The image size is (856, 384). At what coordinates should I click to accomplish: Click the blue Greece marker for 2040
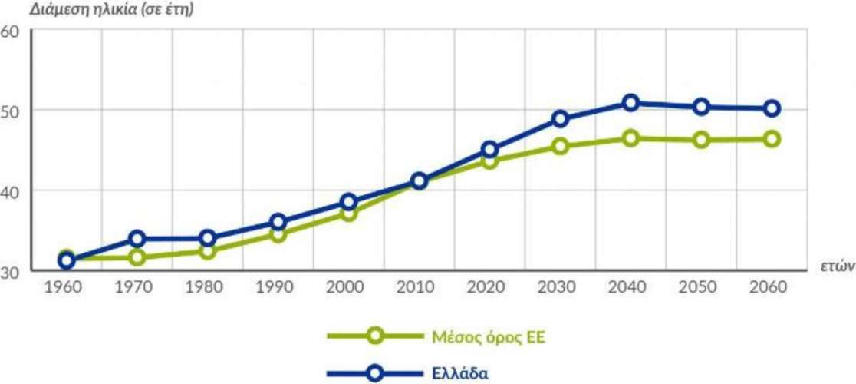(630, 103)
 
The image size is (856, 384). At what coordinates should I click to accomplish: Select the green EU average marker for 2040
(630, 138)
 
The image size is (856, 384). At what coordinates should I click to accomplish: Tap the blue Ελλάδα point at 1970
(137, 238)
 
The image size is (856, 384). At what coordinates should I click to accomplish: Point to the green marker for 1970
(137, 257)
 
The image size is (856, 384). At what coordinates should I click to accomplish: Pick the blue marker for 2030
(560, 118)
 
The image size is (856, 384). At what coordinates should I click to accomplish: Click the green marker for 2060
(772, 139)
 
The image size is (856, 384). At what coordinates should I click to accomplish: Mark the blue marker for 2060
(772, 108)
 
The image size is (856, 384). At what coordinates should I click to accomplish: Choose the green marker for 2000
(349, 213)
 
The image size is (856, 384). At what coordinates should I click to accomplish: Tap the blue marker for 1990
(278, 222)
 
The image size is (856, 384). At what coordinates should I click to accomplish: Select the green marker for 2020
(489, 161)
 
